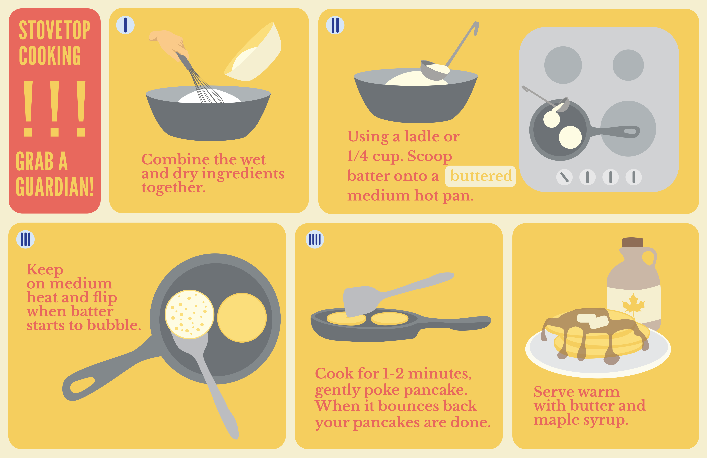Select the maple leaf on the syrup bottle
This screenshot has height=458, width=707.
coord(634,303)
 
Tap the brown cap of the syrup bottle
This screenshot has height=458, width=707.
coord(633,242)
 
